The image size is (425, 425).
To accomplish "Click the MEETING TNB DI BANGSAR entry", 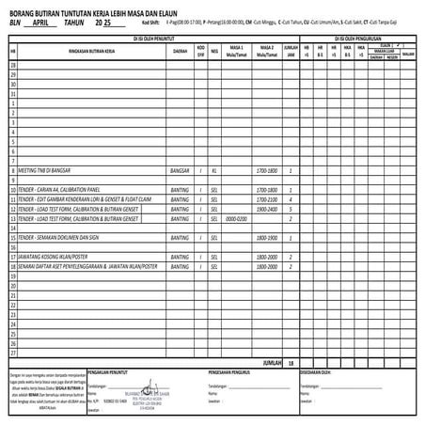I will [48, 172].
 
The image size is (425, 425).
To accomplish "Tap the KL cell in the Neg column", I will [215, 172].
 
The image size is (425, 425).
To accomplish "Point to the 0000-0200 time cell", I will [235, 218].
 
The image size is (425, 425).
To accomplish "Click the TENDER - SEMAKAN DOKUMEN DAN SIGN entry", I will [65, 237].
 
